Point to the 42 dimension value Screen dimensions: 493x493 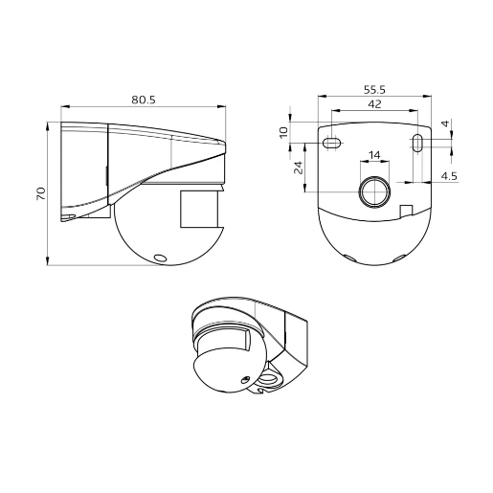[x=374, y=104]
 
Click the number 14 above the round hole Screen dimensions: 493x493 [x=373, y=154]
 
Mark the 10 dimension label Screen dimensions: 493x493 [x=283, y=133]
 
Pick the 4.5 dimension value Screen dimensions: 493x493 [x=448, y=176]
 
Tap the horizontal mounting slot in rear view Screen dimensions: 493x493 [x=331, y=144]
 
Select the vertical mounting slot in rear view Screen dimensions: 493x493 [x=419, y=144]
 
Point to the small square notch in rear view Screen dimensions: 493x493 [x=406, y=211]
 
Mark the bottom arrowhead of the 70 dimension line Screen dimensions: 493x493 [x=49, y=260]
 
